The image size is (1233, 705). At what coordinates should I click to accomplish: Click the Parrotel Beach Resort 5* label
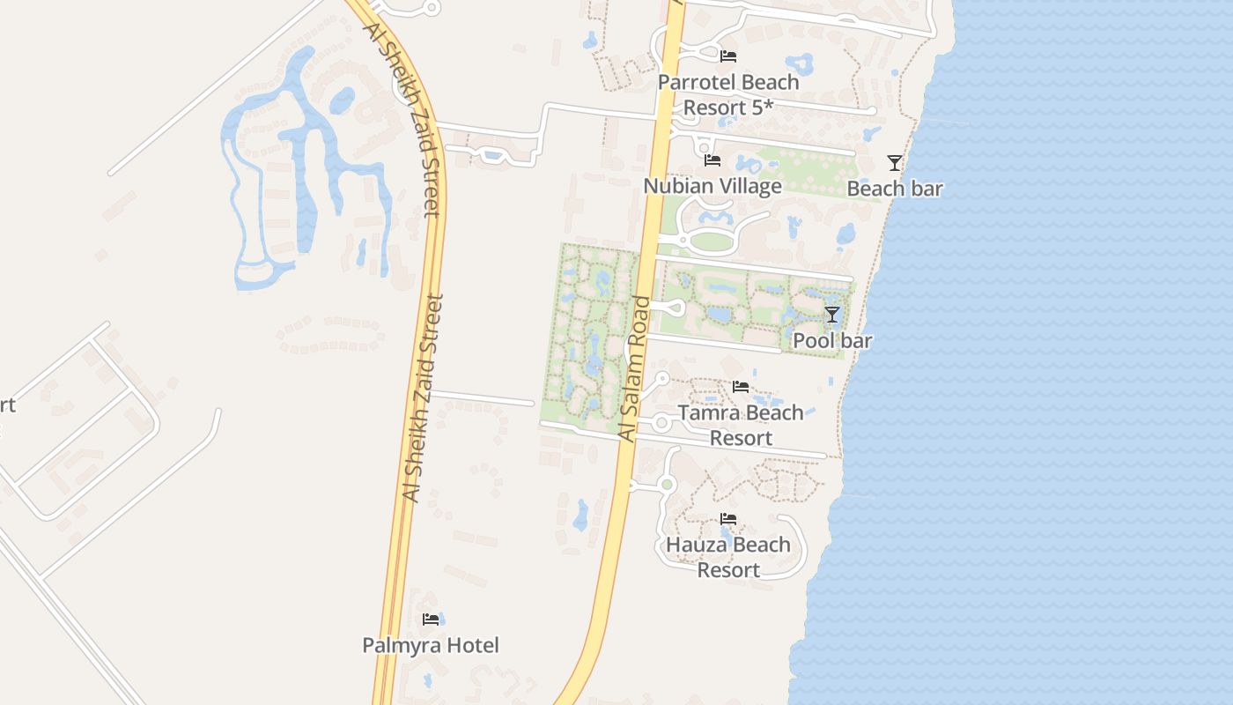pyautogui.click(x=728, y=94)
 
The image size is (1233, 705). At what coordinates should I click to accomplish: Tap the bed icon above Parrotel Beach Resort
pyautogui.click(x=728, y=56)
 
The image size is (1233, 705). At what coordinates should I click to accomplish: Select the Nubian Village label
pyautogui.click(x=712, y=186)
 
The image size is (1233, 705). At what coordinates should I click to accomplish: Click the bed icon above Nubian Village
pyautogui.click(x=712, y=160)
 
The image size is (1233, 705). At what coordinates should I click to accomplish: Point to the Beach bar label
pyautogui.click(x=895, y=189)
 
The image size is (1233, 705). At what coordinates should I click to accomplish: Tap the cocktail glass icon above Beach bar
pyautogui.click(x=895, y=163)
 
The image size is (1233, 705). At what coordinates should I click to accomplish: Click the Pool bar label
pyautogui.click(x=832, y=340)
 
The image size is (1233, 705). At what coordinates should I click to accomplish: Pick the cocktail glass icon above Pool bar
pyautogui.click(x=832, y=315)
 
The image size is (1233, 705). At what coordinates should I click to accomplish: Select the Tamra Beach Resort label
pyautogui.click(x=741, y=425)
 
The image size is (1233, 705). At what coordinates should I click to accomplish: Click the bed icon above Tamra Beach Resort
pyautogui.click(x=741, y=387)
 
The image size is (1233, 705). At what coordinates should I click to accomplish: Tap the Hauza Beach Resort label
pyautogui.click(x=728, y=557)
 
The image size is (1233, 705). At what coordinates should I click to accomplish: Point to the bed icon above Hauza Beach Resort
pyautogui.click(x=728, y=519)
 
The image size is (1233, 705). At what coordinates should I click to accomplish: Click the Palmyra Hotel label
pyautogui.click(x=431, y=645)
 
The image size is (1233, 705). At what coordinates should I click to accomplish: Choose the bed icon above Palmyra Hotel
pyautogui.click(x=431, y=620)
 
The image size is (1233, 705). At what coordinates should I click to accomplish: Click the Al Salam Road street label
pyautogui.click(x=635, y=369)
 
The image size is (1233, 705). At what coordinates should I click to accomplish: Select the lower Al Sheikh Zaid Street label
pyautogui.click(x=424, y=398)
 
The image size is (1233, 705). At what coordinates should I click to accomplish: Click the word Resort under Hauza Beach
pyautogui.click(x=728, y=570)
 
